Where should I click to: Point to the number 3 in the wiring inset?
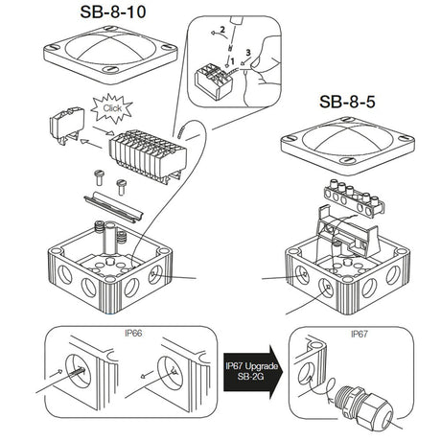tap(247, 51)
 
